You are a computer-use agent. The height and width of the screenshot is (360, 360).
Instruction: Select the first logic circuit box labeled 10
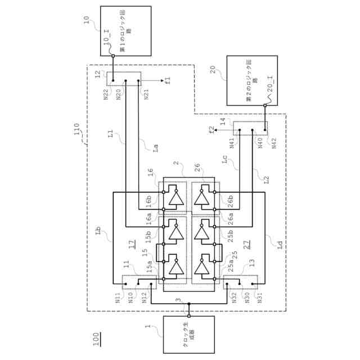[x=125, y=31]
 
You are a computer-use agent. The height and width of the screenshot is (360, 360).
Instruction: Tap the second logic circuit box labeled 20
[x=251, y=80]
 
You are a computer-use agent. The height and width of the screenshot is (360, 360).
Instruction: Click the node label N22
[x=106, y=94]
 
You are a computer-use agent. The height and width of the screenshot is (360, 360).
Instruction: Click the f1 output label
[x=167, y=82]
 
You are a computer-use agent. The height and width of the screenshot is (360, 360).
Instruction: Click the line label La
[x=155, y=147]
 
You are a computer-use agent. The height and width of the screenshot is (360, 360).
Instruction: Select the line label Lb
[x=98, y=231]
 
